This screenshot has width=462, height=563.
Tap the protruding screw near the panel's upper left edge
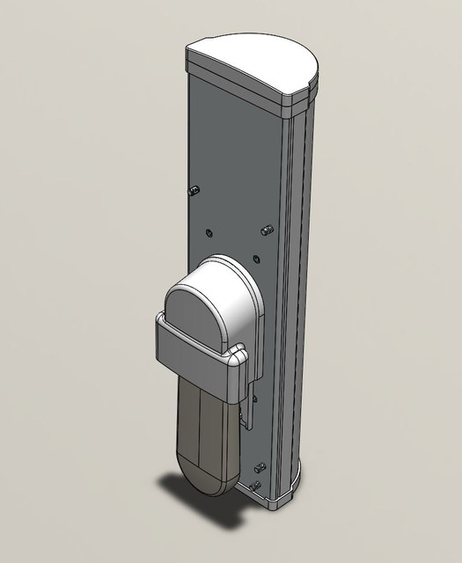(x=194, y=190)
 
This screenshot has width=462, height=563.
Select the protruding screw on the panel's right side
(x=268, y=230)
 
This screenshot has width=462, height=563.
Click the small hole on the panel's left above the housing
(x=209, y=233)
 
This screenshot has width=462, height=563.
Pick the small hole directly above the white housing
(x=255, y=259)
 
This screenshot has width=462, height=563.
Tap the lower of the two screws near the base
(x=255, y=486)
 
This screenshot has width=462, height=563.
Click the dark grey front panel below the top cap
(x=233, y=158)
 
